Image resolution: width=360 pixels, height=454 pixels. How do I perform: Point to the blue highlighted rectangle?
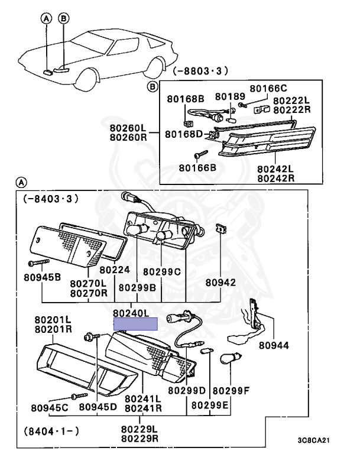click(x=135, y=323)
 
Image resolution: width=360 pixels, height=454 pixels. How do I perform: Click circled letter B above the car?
click(x=64, y=18)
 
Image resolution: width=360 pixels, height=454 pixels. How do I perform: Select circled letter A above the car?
click(x=47, y=18)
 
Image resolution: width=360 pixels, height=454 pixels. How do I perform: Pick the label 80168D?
click(x=184, y=134)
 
